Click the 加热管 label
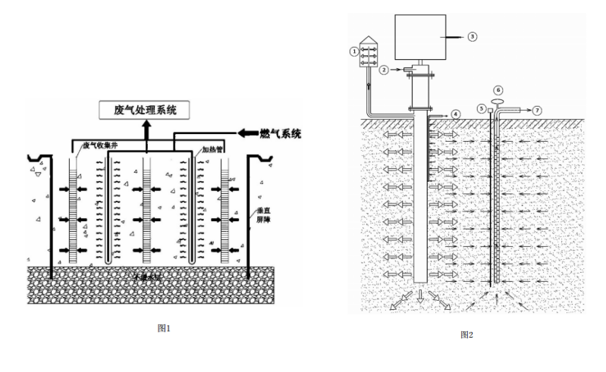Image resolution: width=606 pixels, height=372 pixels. [x=212, y=152]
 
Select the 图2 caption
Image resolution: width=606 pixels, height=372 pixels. [x=467, y=334]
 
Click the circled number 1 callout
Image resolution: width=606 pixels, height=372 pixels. [x=353, y=51]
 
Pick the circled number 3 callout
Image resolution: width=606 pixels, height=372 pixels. [x=472, y=36]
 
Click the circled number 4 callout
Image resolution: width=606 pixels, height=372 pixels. [x=455, y=114]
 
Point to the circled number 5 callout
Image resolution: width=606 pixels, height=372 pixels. [x=481, y=109]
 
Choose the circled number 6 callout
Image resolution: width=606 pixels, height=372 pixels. [x=498, y=90]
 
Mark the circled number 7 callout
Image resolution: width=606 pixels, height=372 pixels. [x=537, y=110]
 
